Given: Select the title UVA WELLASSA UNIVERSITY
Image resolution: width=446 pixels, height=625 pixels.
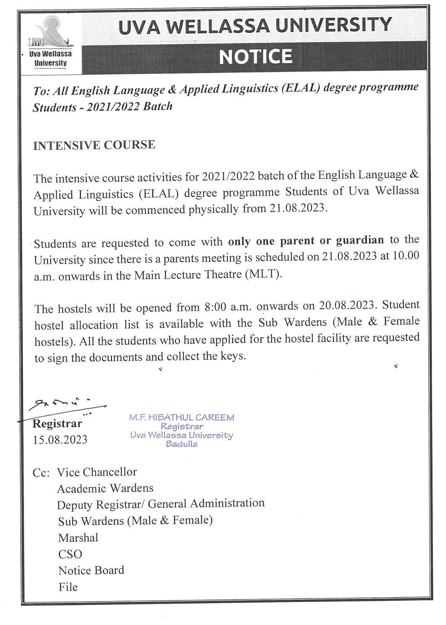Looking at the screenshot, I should click(x=255, y=25).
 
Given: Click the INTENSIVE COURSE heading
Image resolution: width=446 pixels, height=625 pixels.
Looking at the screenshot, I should click(x=94, y=145).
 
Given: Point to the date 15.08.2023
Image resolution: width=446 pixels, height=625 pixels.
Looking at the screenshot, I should click(x=60, y=440).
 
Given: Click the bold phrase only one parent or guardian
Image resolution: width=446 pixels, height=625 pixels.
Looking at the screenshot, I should click(x=306, y=241).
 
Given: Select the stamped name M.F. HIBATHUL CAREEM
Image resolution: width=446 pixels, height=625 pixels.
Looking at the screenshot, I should click(x=182, y=418).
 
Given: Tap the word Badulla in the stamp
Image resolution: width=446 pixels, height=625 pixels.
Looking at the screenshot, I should click(x=182, y=444).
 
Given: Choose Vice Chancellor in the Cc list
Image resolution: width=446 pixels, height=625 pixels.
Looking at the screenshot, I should click(x=97, y=472).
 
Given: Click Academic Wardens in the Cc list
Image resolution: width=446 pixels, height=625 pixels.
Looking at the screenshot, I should click(x=105, y=488).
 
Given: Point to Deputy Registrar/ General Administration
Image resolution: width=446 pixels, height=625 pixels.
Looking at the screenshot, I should click(x=161, y=504).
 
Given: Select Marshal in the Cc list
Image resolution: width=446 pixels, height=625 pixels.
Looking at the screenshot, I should click(x=78, y=537).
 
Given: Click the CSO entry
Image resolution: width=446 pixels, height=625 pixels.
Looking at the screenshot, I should click(x=70, y=554).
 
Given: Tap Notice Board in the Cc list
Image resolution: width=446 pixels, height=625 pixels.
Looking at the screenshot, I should click(x=91, y=570).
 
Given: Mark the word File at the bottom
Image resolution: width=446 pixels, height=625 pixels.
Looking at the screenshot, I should click(x=68, y=587).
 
